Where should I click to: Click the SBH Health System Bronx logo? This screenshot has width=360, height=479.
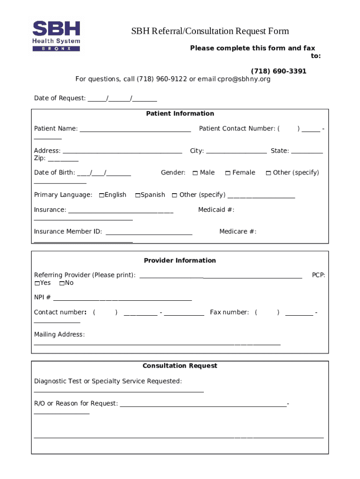56,36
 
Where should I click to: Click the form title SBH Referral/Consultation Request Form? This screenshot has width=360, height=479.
210,31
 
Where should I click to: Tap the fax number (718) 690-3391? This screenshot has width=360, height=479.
279,71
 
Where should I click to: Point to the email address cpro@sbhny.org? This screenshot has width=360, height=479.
244,79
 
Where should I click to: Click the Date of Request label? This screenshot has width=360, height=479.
60,98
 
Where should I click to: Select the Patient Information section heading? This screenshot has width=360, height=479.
180,114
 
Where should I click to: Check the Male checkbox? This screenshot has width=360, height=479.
195,173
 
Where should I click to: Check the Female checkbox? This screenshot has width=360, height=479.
228,173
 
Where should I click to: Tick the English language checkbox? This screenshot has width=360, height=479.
101,195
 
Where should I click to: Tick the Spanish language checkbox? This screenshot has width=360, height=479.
138,195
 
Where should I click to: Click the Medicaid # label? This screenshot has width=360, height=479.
216,210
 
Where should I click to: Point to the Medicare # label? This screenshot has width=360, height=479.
238,232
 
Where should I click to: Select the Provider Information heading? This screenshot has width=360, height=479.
180,261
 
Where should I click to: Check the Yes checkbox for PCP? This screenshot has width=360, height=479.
37,283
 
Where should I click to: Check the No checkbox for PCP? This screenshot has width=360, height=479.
62,283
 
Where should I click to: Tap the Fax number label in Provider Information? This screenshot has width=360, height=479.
229,312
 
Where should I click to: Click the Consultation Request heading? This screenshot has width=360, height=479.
180,366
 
